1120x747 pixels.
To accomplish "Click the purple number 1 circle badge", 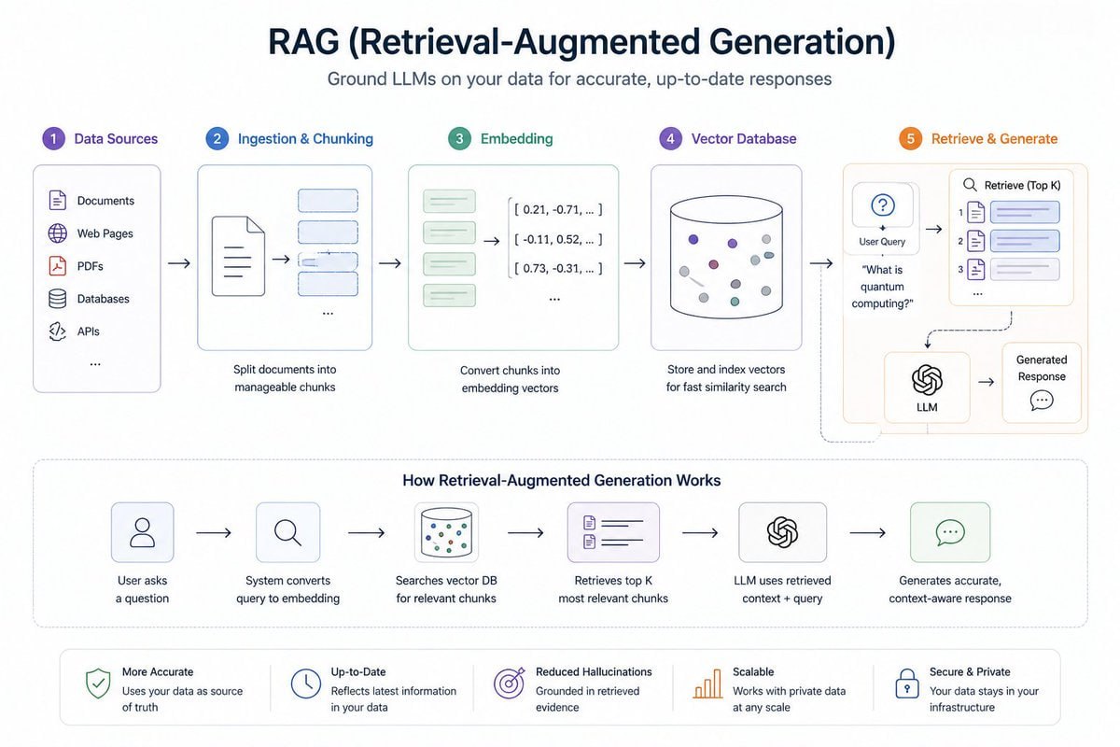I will (54, 139).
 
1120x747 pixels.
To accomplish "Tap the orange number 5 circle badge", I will (910, 139).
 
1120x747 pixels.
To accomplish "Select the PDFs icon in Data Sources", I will (58, 266).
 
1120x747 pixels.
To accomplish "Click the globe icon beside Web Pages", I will (58, 233).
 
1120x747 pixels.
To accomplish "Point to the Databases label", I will (103, 299).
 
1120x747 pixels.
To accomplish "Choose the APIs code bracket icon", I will (58, 331).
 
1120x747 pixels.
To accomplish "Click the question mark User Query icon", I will (882, 206).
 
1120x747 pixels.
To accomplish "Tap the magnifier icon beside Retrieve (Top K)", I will (970, 185).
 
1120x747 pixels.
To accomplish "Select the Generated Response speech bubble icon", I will (1042, 401).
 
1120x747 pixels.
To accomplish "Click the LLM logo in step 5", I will (927, 379).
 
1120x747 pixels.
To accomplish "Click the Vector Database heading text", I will (744, 139).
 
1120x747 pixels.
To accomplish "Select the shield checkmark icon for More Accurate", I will (97, 684).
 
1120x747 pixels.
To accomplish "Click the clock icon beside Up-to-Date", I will (305, 684).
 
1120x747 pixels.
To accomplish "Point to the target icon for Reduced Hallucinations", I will (509, 684).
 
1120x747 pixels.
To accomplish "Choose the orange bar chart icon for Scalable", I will (707, 684).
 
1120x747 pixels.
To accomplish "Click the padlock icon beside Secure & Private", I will (906, 684).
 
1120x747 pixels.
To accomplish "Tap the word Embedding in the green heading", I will (516, 139).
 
